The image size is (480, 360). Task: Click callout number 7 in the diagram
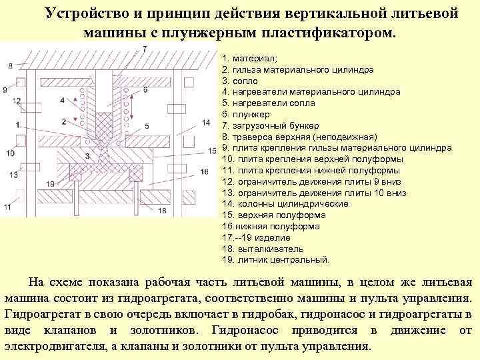coord(145,49)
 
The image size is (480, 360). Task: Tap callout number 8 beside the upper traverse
coord(10,65)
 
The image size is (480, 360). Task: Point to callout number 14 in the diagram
coord(205,123)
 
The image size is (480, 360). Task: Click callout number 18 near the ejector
coord(162,210)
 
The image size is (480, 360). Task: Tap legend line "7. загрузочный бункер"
coord(270,126)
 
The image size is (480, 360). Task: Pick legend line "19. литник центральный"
coord(275,260)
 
